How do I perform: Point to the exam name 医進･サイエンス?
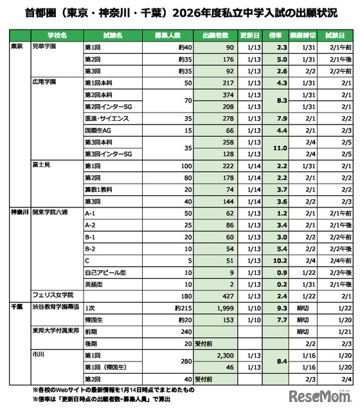click(x=107, y=118)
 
